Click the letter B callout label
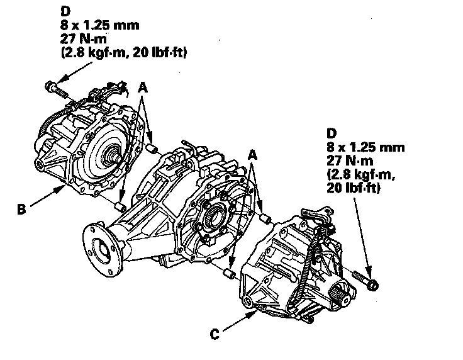[21, 209]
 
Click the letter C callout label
[215, 334]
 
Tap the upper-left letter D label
[65, 11]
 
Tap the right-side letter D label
[332, 133]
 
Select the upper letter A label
[143, 87]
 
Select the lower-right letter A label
[252, 155]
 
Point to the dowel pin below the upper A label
[152, 149]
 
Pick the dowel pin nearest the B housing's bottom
[121, 207]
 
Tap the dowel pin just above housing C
[265, 219]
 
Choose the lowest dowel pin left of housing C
[230, 274]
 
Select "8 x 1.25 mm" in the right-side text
[365, 147]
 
